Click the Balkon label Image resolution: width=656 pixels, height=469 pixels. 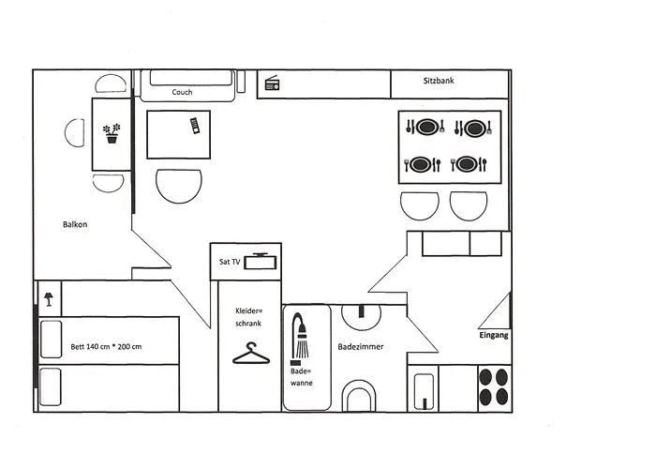[x=75, y=224]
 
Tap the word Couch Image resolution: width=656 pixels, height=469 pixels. [x=182, y=93]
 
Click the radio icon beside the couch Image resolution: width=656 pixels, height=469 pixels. [x=273, y=84]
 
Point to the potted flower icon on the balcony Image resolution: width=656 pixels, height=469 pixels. [x=112, y=133]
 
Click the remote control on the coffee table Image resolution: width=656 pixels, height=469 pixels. [x=194, y=126]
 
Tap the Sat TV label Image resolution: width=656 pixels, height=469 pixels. [x=229, y=262]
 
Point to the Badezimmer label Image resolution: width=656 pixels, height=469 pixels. [x=361, y=346]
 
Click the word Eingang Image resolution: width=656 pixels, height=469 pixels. [x=493, y=335]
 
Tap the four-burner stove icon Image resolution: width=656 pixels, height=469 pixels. [x=493, y=386]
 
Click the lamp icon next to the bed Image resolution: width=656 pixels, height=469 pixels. [x=48, y=298]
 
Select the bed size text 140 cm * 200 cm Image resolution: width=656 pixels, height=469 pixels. [x=106, y=347]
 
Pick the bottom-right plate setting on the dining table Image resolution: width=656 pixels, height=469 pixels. [x=469, y=164]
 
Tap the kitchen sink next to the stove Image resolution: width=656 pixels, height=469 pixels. [x=425, y=389]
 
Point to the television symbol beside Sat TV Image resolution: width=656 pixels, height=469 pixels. [x=261, y=262]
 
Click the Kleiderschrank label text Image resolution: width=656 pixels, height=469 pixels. [x=248, y=316]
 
